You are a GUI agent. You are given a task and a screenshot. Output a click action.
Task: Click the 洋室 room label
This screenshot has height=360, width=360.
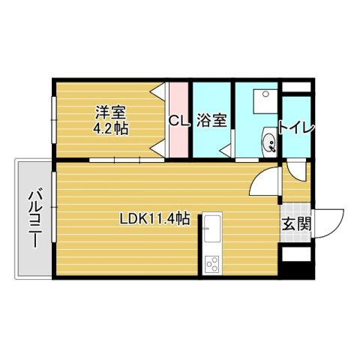[110, 112]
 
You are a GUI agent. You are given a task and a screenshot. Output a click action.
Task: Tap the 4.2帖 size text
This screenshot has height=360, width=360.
[110, 128]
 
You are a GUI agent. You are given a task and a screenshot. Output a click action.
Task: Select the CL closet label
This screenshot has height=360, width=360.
[178, 120]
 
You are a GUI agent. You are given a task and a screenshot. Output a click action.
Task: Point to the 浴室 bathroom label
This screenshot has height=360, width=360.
[211, 120]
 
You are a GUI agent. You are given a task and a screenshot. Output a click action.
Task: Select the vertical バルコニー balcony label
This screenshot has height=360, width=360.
[34, 217]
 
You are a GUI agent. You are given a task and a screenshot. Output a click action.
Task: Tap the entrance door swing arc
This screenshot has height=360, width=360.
[330, 222]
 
